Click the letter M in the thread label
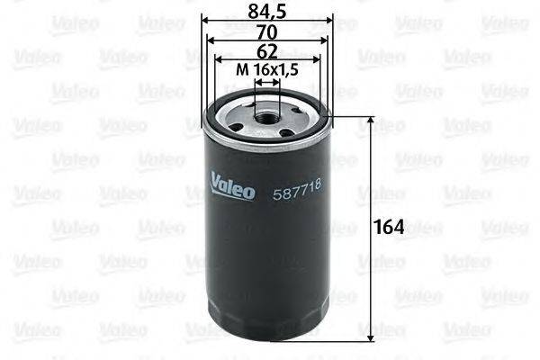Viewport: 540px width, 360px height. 240,69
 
